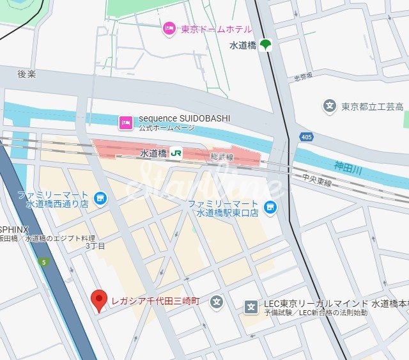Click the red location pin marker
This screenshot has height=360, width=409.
[x=98, y=300]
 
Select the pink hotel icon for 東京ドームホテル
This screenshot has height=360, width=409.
[x=169, y=29]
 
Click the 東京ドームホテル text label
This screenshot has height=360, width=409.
[x=216, y=29]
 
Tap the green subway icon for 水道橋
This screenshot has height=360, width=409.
[x=265, y=45]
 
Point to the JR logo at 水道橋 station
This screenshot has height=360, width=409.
[x=176, y=153]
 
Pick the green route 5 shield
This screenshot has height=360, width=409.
[x=43, y=262]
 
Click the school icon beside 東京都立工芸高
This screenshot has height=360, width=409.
[x=330, y=106]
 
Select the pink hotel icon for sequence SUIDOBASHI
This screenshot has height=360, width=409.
[x=126, y=121]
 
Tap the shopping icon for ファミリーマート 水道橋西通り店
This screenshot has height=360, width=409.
[x=100, y=199]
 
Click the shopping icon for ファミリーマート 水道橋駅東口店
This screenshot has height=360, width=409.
[x=270, y=207]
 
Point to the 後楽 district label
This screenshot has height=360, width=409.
[x=27, y=74]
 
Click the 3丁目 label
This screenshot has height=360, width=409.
[x=95, y=246]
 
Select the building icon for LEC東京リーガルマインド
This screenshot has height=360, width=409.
[x=251, y=307]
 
